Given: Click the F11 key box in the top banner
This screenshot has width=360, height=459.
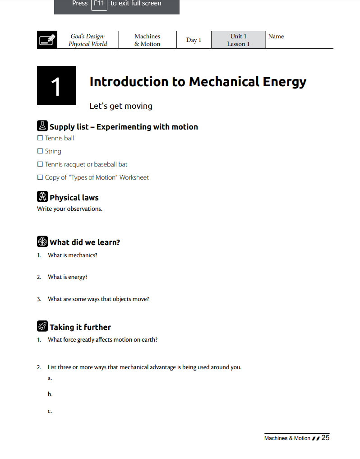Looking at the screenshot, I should (99, 4).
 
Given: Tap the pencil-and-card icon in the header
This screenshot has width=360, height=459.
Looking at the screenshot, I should (47, 40).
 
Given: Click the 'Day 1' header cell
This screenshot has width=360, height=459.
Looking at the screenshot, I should (194, 40).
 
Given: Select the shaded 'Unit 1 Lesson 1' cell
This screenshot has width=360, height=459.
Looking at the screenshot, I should (238, 40).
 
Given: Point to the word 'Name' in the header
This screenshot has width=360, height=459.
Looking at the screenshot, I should (276, 37).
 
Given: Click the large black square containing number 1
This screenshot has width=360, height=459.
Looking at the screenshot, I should (56, 86).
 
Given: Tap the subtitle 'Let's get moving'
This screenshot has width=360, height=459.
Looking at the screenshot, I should (121, 106).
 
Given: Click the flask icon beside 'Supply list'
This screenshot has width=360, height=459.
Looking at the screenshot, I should (42, 126).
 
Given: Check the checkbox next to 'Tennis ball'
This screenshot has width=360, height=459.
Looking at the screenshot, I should (40, 138).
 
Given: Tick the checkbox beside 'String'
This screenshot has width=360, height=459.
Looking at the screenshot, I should (40, 151).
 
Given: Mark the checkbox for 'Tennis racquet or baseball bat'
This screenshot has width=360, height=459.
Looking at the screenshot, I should (40, 164).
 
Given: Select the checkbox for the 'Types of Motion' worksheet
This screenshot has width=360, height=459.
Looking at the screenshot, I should (40, 177).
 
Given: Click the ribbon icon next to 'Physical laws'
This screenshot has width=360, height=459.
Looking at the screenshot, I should (42, 197).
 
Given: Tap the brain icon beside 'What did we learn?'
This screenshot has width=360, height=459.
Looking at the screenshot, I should (42, 241).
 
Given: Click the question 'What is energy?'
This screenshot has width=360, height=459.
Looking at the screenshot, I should (68, 277).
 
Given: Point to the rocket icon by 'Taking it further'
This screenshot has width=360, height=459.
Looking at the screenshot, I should (42, 326).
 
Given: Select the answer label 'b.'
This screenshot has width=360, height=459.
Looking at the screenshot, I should (50, 394).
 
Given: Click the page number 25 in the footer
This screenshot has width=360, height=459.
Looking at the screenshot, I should (325, 438).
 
